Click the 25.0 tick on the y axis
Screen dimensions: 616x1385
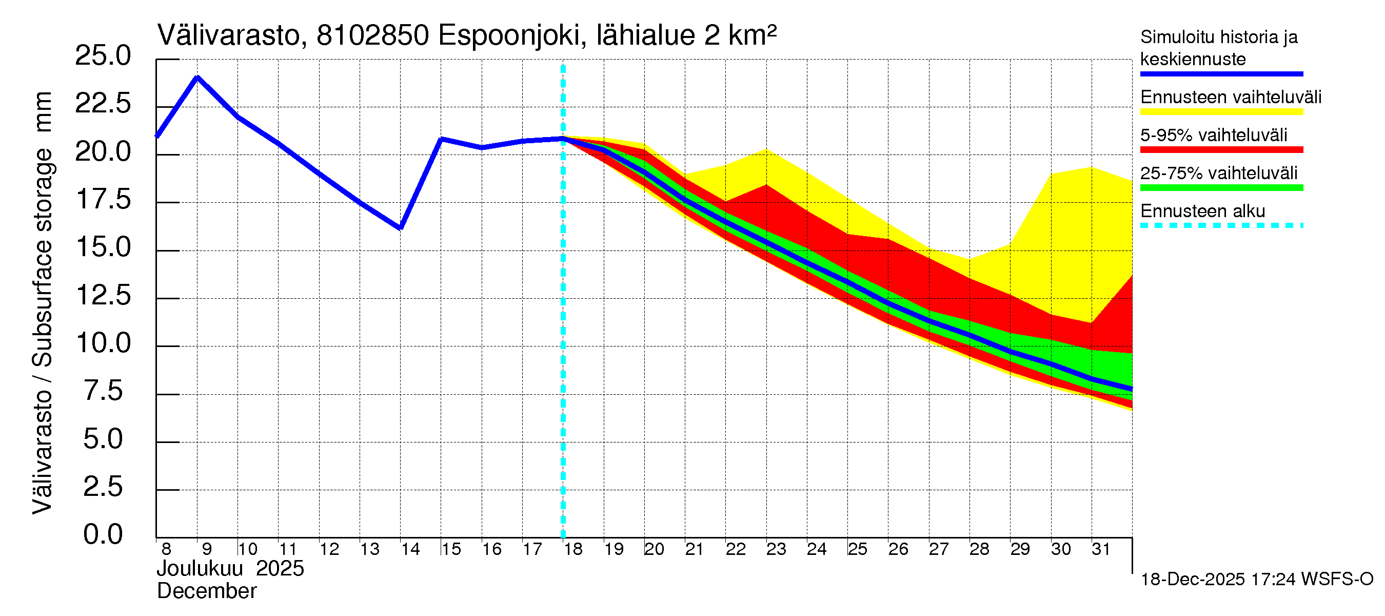tap(103, 56)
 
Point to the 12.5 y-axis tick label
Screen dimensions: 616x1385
tap(103, 295)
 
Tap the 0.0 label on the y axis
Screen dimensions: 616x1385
tap(103, 535)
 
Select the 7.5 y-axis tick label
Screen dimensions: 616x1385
tap(103, 391)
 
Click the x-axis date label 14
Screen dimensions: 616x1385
tap(410, 549)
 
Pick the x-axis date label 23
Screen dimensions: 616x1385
tap(776, 549)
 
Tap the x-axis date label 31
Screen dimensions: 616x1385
tap(1101, 549)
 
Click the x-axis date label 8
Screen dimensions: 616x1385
tap(166, 549)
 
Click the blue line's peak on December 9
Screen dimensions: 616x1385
tap(197, 78)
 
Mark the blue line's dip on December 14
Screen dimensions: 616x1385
tap(401, 228)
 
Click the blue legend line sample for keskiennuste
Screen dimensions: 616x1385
tap(1221, 74)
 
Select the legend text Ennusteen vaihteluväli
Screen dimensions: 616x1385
tap(1231, 98)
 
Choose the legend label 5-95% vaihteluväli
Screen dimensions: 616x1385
tap(1214, 135)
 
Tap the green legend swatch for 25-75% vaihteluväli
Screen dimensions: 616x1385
tap(1221, 188)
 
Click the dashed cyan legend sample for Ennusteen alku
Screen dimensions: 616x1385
tap(1221, 225)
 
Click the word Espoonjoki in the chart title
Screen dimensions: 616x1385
tap(509, 36)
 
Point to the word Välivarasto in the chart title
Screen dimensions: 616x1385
tap(228, 36)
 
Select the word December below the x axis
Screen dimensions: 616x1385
tap(206, 591)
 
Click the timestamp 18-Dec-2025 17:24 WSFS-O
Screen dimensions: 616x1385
tap(1256, 580)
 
